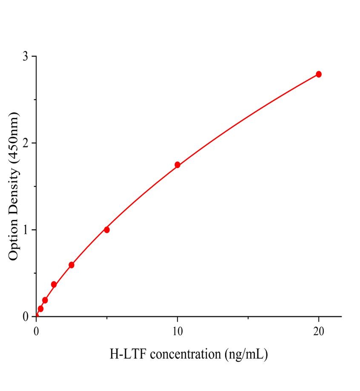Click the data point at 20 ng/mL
click(319, 74)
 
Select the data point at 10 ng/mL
click(177, 165)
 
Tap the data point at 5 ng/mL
click(107, 230)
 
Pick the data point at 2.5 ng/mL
click(71, 265)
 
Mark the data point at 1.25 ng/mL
click(54, 284)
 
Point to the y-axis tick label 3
click(25, 56)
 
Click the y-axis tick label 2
click(25, 143)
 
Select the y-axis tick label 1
click(25, 230)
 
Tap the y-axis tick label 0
click(25, 316)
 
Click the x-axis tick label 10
click(177, 331)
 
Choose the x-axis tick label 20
click(319, 331)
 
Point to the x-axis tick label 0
click(36, 331)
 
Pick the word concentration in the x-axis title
click(185, 354)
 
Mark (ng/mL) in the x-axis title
click(246, 354)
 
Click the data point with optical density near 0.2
click(45, 300)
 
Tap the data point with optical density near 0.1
click(40, 309)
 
